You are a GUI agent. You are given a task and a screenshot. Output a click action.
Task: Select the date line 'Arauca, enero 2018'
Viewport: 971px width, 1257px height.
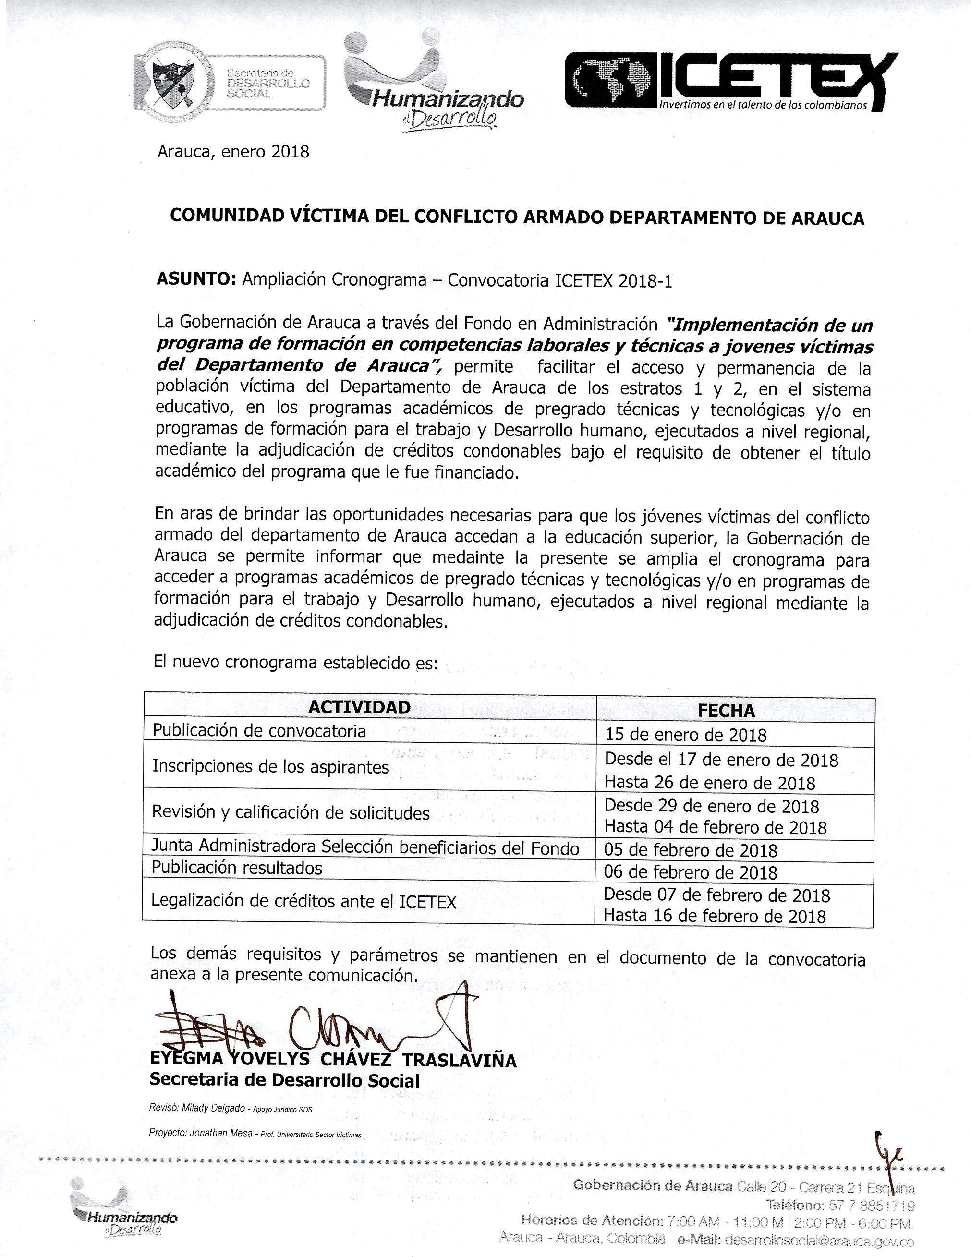pyautogui.click(x=233, y=152)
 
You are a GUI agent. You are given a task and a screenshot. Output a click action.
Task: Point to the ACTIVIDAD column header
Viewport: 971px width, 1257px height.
pyautogui.click(x=360, y=707)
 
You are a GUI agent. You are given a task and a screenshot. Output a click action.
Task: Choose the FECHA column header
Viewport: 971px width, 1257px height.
pyautogui.click(x=727, y=711)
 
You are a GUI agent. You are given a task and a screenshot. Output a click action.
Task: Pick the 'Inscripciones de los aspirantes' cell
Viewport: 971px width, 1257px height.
pyautogui.click(x=270, y=767)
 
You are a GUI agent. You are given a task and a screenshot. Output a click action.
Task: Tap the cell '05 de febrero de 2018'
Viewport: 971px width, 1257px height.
pyautogui.click(x=690, y=850)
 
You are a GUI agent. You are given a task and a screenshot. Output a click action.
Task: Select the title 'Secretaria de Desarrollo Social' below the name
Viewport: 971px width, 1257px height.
pyautogui.click(x=284, y=1080)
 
